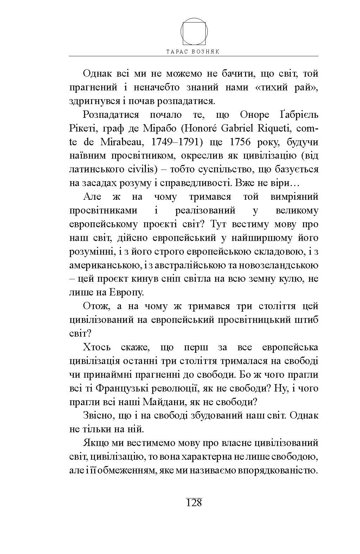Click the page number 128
click(x=194, y=502)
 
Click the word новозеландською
click(x=283, y=265)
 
